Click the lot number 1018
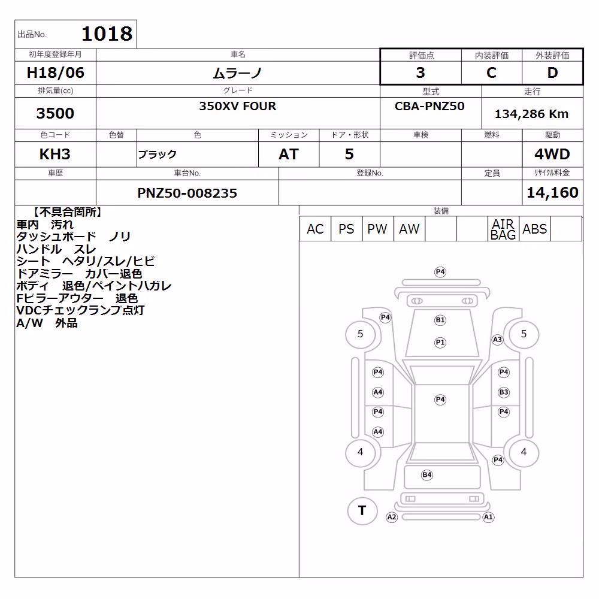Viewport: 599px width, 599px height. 107,34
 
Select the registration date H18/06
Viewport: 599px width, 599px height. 55,72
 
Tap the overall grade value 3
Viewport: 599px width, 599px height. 420,72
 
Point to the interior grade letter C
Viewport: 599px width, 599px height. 491,72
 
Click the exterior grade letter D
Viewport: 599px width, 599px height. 552,72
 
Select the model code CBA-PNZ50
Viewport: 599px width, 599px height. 429,106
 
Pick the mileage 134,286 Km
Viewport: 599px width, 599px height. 531,114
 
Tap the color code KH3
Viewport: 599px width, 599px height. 55,155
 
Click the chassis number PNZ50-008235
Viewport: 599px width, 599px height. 187,193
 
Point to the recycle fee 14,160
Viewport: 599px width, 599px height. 552,192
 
